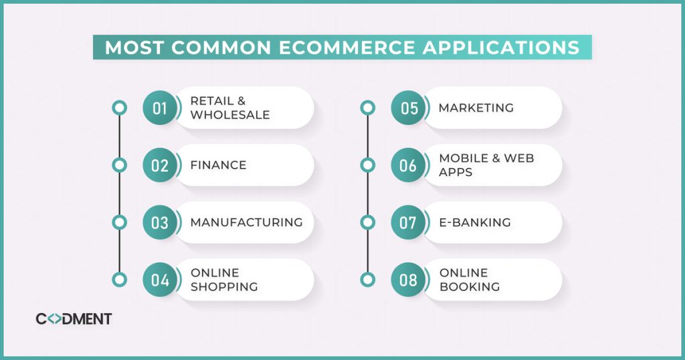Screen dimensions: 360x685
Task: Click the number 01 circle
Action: pyautogui.click(x=160, y=108)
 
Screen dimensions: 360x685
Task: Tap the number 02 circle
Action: pyautogui.click(x=160, y=165)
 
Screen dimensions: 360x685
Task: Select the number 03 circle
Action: pyautogui.click(x=160, y=223)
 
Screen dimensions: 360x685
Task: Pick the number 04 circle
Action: pyautogui.click(x=160, y=280)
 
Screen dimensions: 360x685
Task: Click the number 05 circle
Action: pyautogui.click(x=408, y=108)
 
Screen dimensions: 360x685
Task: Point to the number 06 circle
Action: pyautogui.click(x=408, y=165)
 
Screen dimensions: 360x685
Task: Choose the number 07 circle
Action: pyautogui.click(x=408, y=223)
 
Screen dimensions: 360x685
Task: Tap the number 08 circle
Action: pyautogui.click(x=408, y=280)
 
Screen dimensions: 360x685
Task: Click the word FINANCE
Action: pyautogui.click(x=218, y=165)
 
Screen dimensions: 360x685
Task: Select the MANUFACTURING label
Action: pyautogui.click(x=246, y=222)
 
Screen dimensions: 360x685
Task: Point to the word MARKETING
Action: pyautogui.click(x=476, y=108)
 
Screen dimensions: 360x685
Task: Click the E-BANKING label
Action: pyautogui.click(x=474, y=222)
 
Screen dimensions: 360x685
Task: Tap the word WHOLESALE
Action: pyautogui.click(x=230, y=115)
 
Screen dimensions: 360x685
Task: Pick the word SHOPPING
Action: pyautogui.click(x=224, y=287)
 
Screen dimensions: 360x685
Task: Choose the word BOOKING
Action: pyautogui.click(x=470, y=287)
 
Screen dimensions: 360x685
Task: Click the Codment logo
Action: pyautogui.click(x=74, y=319)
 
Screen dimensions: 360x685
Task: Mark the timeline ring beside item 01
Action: pyautogui.click(x=119, y=108)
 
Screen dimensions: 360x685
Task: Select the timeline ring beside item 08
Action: pyautogui.click(x=367, y=280)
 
